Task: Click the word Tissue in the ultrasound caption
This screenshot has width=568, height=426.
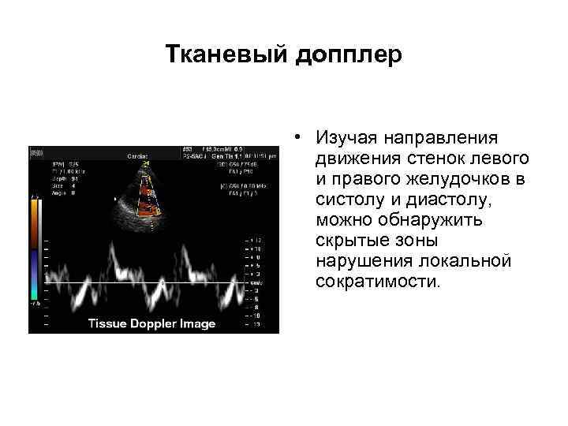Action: click(108, 323)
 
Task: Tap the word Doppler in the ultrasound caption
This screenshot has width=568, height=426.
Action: click(155, 323)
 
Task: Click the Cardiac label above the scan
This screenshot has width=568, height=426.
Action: click(140, 155)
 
